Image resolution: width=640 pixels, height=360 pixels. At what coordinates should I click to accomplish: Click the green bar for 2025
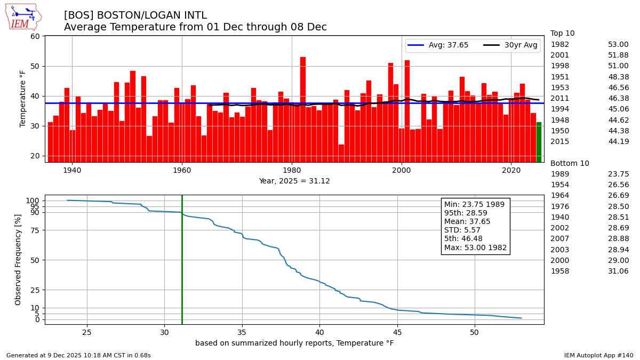point(538,142)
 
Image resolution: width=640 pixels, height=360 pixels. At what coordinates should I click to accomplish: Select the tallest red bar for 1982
point(303,109)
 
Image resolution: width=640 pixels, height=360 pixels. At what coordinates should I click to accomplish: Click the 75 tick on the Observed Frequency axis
point(35,230)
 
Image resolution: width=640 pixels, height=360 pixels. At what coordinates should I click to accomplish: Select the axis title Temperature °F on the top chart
point(23,98)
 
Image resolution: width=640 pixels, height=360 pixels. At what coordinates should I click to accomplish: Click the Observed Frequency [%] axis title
point(18,259)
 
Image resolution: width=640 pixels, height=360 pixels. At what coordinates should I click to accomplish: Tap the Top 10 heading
point(562,34)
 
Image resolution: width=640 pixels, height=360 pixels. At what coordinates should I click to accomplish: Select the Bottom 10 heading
point(570,164)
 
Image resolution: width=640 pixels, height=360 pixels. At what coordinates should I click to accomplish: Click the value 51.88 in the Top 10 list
point(618,55)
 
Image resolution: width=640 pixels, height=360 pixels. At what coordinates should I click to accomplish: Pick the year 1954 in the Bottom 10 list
point(559,185)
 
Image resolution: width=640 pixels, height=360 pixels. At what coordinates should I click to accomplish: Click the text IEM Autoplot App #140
point(598,355)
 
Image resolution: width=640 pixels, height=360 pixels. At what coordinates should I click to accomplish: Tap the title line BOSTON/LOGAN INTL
point(135,15)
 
